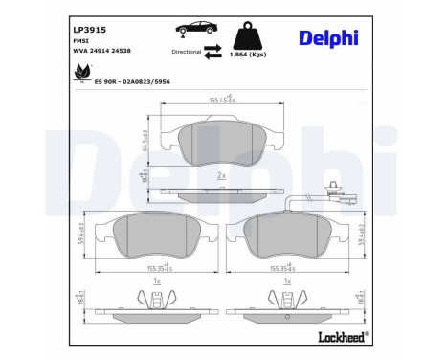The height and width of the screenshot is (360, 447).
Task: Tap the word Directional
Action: (x=188, y=51)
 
